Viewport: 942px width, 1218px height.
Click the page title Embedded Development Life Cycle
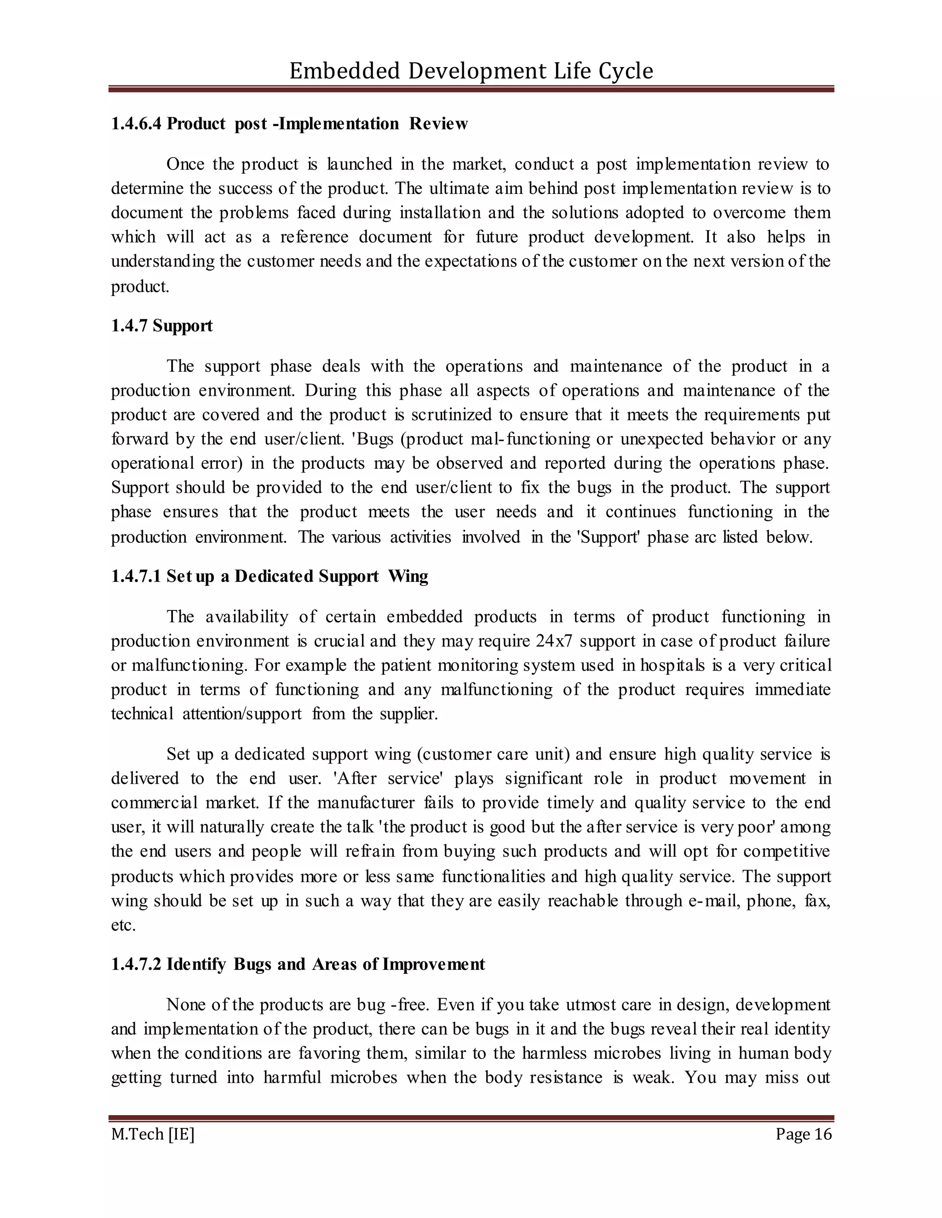coord(471,71)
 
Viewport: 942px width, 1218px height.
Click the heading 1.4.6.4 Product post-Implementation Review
coord(289,124)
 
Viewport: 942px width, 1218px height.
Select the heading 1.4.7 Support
coord(162,326)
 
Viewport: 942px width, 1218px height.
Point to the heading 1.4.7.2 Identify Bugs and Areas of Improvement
coord(298,964)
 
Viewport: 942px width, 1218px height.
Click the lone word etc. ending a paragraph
coord(123,925)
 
